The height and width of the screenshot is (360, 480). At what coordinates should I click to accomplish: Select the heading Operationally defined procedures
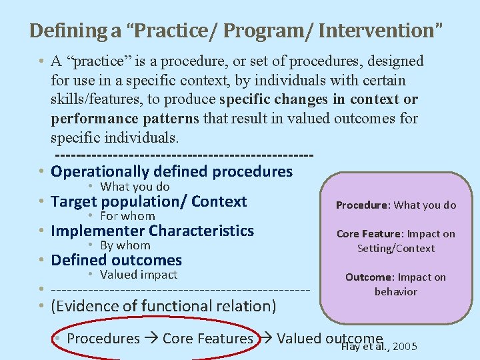(x=171, y=171)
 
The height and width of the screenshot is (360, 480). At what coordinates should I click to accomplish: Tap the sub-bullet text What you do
(x=135, y=187)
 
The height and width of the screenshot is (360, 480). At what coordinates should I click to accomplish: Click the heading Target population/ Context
(x=149, y=201)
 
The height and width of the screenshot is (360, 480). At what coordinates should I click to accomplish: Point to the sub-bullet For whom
(x=127, y=216)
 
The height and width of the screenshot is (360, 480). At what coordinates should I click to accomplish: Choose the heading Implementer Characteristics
(x=152, y=231)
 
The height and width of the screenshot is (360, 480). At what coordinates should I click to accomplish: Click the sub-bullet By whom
(x=125, y=245)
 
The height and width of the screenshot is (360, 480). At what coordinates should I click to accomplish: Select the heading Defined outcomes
(x=116, y=260)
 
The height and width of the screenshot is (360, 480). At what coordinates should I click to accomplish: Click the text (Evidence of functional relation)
(x=163, y=306)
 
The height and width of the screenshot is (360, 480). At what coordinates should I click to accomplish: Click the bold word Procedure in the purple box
(x=362, y=205)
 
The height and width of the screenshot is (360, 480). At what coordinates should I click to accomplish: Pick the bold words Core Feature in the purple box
(x=369, y=234)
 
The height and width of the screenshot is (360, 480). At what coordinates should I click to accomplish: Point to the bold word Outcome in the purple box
(x=368, y=277)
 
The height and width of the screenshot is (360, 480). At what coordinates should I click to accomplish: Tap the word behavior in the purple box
(x=395, y=292)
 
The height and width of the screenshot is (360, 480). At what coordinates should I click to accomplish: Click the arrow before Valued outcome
(x=265, y=339)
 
